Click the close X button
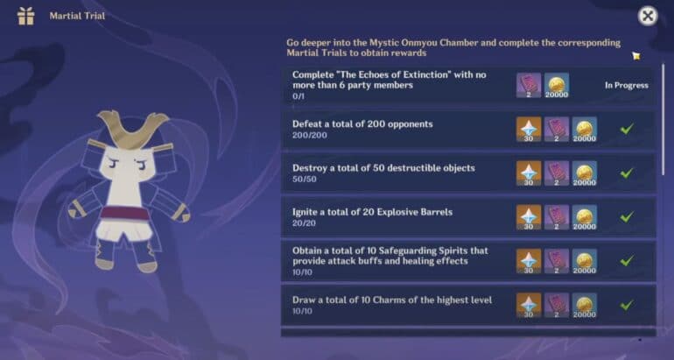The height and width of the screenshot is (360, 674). [x=648, y=17]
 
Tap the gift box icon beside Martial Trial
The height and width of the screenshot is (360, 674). [x=25, y=17]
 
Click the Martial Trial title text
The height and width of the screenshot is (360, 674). [x=77, y=17]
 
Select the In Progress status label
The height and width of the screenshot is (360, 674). [x=627, y=85]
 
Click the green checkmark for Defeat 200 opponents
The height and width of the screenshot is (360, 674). [x=627, y=129]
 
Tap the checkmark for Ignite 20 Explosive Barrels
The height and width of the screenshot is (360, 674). [x=627, y=216]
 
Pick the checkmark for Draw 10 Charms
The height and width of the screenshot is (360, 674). [x=627, y=306]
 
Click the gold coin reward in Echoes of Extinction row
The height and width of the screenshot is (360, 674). [x=557, y=85]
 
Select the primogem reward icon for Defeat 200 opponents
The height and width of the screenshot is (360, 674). [x=529, y=129]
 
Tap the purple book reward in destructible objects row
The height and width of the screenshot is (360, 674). [x=557, y=173]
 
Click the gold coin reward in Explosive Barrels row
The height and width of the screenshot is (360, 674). [x=585, y=217]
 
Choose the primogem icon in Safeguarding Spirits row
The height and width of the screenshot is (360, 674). [x=529, y=262]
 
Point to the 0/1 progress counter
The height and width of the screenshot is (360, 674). [x=298, y=96]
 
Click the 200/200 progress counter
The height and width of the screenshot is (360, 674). [x=310, y=136]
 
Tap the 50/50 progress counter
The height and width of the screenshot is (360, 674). [x=305, y=179]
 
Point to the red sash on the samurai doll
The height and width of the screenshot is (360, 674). [x=125, y=214]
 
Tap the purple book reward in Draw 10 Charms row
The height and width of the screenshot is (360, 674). [x=557, y=306]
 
